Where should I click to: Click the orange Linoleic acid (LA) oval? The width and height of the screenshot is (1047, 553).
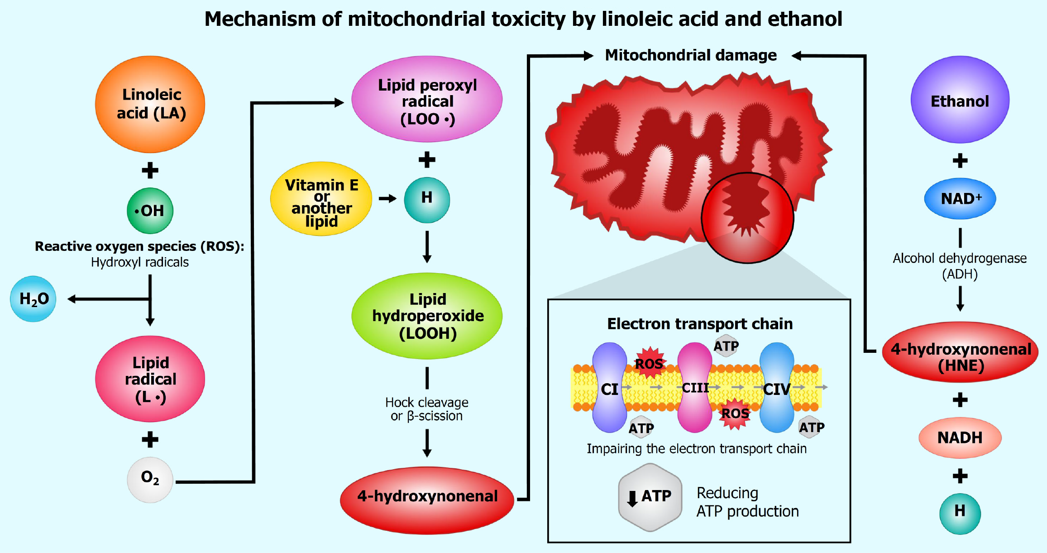[150, 104]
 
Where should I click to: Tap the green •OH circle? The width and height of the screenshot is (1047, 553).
[150, 211]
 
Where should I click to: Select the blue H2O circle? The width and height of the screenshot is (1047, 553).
[33, 299]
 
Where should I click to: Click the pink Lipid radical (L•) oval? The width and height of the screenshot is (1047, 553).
[150, 379]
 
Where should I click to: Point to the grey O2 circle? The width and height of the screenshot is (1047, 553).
[150, 480]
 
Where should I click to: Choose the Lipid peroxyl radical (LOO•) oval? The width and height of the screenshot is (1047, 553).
[427, 99]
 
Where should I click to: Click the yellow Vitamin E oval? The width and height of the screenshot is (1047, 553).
[321, 199]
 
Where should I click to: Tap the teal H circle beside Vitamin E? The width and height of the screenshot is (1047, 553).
[427, 200]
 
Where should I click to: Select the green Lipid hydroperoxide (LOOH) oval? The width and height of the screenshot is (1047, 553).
[427, 316]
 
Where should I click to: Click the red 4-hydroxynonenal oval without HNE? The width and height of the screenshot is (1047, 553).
[427, 500]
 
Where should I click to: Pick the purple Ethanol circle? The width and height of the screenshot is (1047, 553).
[960, 100]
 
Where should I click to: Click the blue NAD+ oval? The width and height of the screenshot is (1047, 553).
[960, 199]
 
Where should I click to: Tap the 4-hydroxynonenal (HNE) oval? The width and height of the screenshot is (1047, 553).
[960, 352]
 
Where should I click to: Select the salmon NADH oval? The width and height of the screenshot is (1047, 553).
[960, 438]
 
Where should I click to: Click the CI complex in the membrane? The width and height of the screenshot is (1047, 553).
[609, 388]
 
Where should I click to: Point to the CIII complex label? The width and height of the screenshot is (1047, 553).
[695, 388]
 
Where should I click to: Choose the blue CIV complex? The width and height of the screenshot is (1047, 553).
[777, 388]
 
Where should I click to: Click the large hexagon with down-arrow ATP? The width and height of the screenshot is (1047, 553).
[650, 497]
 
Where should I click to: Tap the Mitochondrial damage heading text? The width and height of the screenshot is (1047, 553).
[691, 55]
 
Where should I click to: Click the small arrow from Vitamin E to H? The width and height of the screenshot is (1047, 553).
[387, 198]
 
